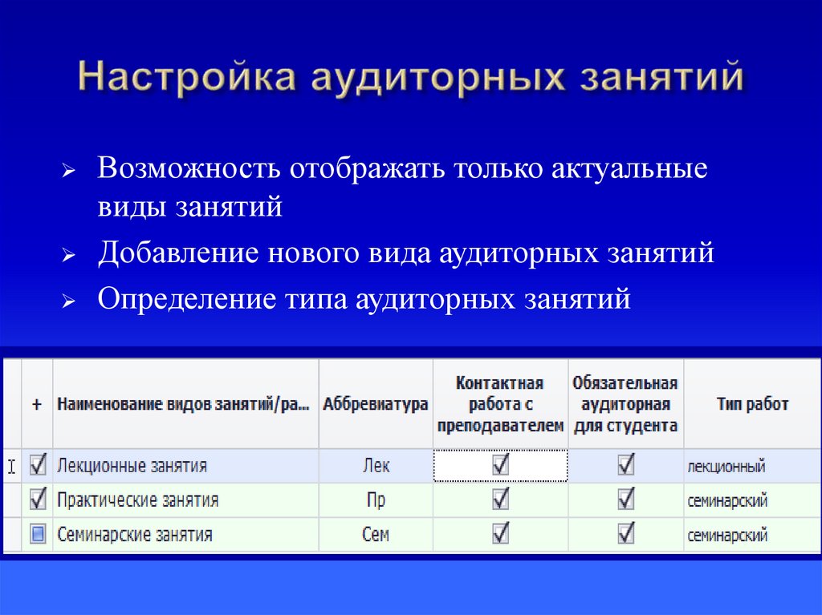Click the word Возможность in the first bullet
click(x=189, y=172)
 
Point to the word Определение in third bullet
click(x=187, y=299)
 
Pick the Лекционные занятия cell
click(x=132, y=466)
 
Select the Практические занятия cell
click(x=138, y=500)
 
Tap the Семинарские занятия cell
click(x=135, y=535)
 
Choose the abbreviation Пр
click(x=376, y=500)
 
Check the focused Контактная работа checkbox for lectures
click(x=501, y=465)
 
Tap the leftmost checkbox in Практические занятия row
click(x=37, y=500)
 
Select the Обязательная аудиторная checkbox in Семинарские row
click(x=626, y=533)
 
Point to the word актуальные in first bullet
click(x=630, y=172)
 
